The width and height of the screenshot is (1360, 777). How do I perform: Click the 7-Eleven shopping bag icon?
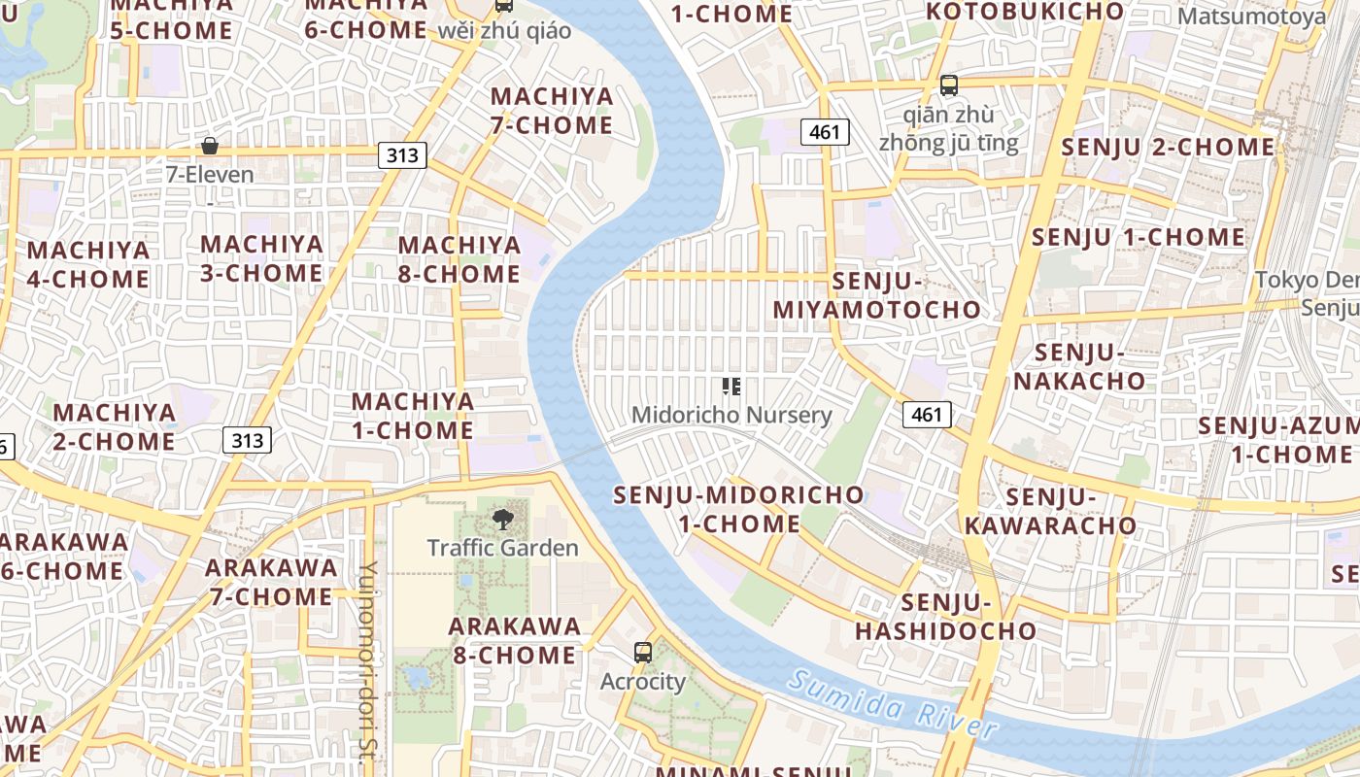coord(209,147)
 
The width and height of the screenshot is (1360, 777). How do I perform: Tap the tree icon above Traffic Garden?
coord(502,520)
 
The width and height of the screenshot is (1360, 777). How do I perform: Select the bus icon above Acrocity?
coord(642,652)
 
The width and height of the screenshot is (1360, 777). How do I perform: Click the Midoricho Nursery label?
coord(731,415)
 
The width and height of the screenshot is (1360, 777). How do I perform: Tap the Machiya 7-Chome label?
coord(552,111)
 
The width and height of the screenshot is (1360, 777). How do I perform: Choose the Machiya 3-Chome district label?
coord(261,258)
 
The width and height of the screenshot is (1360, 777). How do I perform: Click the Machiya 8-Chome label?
coord(459,259)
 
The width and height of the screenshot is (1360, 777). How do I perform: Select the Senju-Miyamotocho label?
coord(877,295)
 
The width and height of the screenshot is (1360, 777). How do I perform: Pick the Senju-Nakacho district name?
coord(1080,366)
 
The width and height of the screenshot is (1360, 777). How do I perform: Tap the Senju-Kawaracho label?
coord(1050,511)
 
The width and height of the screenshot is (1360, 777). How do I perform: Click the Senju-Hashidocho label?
coord(945,617)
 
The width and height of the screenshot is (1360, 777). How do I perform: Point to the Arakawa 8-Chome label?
coord(515,640)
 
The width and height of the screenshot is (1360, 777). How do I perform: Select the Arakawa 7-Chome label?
coord(271,581)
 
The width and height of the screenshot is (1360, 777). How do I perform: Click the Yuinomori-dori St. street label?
coord(367,665)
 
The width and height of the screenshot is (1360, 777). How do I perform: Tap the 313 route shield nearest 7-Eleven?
coord(402,154)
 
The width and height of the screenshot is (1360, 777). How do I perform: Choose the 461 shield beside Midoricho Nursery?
coord(927,415)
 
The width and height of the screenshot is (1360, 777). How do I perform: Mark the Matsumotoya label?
coord(1251,17)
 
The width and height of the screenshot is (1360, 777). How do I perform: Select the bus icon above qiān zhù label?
coord(949,84)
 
